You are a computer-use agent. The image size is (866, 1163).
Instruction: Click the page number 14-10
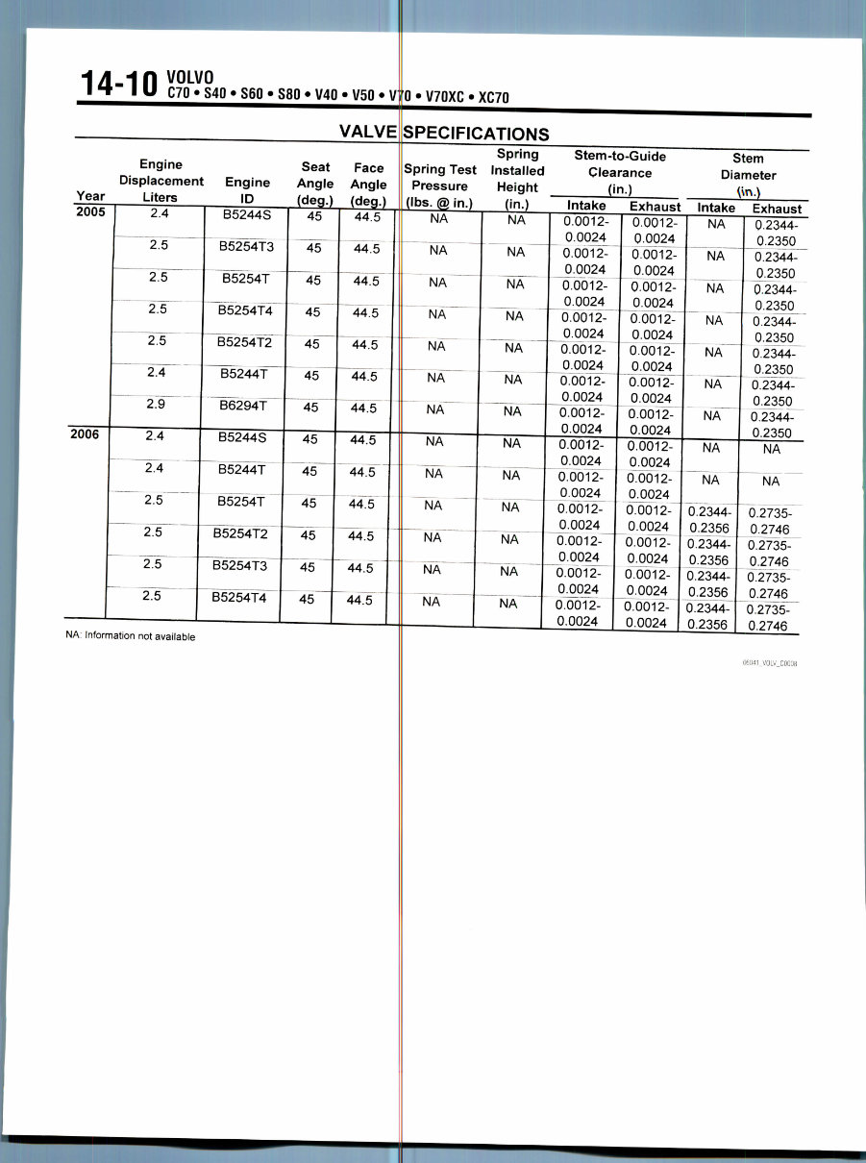119,85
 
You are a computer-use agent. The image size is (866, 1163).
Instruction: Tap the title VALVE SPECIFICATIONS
444,134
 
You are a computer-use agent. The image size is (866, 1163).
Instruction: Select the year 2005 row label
89,213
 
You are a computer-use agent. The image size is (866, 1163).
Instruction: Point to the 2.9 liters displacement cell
158,404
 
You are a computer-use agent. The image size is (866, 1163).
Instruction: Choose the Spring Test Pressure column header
440,186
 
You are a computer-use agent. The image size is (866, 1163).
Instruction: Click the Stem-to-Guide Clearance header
619,171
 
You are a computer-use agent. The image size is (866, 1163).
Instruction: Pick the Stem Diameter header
748,175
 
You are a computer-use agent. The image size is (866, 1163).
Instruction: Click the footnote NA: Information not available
130,636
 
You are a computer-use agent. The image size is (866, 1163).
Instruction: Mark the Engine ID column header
246,188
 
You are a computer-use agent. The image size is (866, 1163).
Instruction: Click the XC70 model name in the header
493,96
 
